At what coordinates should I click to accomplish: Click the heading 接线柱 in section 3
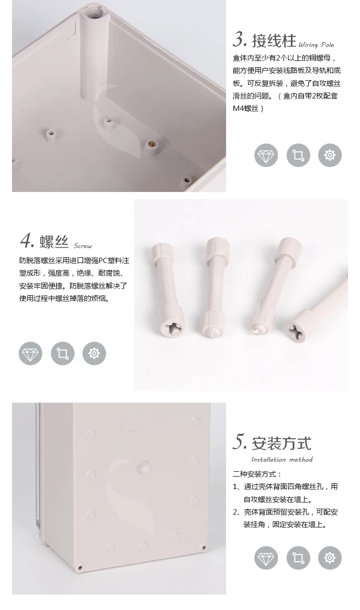point(274,41)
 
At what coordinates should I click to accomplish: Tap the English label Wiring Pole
point(316,45)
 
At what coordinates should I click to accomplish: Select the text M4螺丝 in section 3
point(246,108)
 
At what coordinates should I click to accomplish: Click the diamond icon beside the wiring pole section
point(266,155)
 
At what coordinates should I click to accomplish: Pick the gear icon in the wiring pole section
point(330,155)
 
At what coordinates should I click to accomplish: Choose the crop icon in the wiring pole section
point(298,155)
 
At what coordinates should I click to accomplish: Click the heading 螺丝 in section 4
point(54,242)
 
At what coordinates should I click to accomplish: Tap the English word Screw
point(83,246)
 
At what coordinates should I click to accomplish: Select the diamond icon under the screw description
point(30,354)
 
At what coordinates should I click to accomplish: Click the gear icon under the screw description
point(94,354)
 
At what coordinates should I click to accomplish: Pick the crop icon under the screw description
point(62,354)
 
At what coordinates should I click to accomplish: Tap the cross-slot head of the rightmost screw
point(296,332)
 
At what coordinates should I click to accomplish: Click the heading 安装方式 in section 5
point(281,443)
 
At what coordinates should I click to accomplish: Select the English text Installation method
point(282,460)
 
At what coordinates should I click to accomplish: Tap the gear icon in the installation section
point(330,558)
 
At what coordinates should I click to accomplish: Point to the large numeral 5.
point(240,442)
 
